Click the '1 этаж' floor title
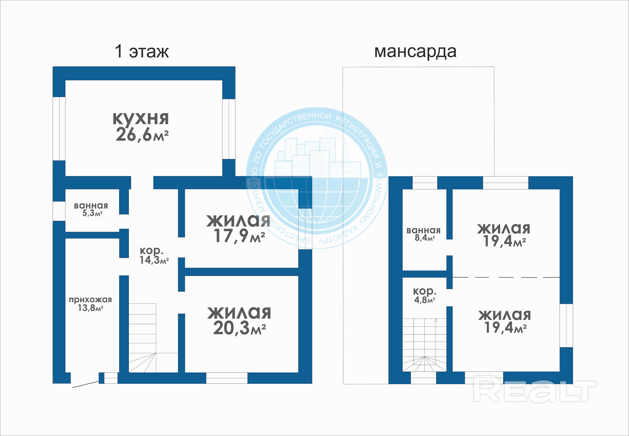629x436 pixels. pos(142,51)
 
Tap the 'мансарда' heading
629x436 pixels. pos(415,52)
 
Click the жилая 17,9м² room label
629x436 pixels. pos(238,228)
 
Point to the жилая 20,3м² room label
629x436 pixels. pos(239,321)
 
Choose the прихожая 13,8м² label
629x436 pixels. pos(90,304)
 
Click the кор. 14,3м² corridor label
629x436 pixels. pos(154,256)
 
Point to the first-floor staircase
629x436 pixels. pos(153,338)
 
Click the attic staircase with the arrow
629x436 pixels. pos(425,345)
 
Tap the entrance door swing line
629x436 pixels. pos(85,384)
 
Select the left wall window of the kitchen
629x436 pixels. pos(59,129)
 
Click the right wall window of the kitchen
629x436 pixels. pos(229,129)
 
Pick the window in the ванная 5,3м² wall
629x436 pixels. pos(59,211)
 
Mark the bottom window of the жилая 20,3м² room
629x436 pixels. pos(227,378)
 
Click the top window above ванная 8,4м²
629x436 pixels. pos(425,183)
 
